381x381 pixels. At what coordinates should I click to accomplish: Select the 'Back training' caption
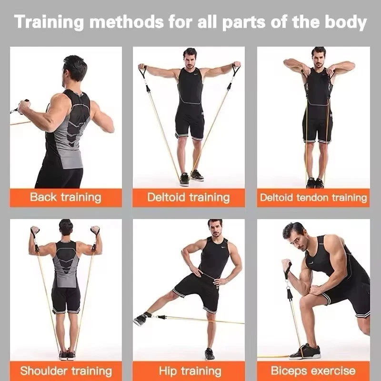[x=66, y=197]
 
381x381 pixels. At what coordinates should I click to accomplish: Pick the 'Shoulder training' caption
[x=66, y=371]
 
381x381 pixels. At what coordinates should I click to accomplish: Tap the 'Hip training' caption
[x=190, y=371]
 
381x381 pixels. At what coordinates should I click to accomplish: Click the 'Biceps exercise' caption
[x=313, y=371]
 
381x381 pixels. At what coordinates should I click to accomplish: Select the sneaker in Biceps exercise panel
[x=305, y=351]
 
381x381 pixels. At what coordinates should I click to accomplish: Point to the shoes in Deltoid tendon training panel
[x=315, y=183]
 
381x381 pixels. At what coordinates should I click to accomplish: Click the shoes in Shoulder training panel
[x=67, y=355]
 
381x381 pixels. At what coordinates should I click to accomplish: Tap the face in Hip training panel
[x=215, y=230]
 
